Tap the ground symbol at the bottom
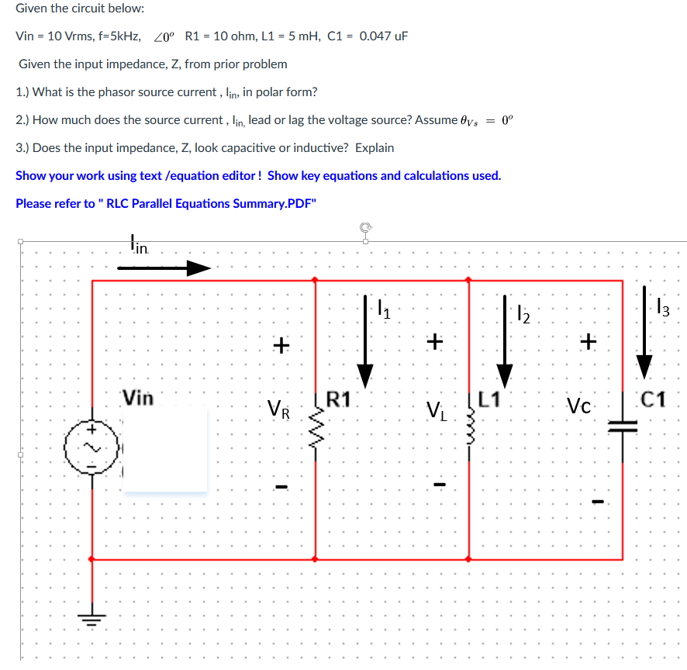click(x=92, y=616)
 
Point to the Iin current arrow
click(x=164, y=268)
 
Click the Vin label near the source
click(x=138, y=399)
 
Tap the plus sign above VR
click(x=280, y=344)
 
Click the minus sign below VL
click(x=439, y=486)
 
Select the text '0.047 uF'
click(x=384, y=36)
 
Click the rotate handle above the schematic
click(x=364, y=228)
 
